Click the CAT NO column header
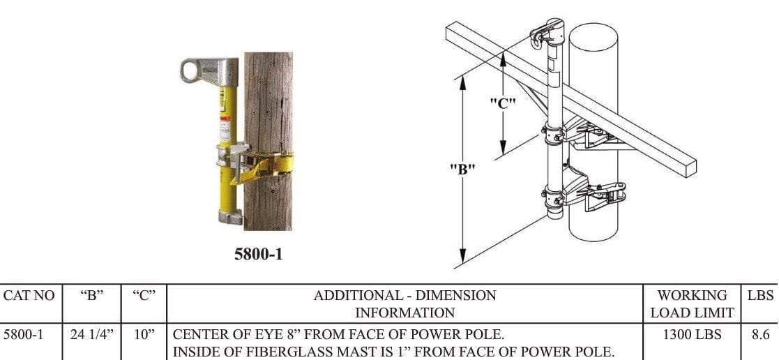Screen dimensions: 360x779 click(x=29, y=295)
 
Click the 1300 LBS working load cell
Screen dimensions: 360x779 click(x=687, y=335)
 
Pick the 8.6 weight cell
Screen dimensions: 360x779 click(x=759, y=335)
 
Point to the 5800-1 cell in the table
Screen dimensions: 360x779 click(x=23, y=335)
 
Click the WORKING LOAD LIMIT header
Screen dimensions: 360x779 click(x=692, y=304)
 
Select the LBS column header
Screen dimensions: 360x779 click(x=760, y=295)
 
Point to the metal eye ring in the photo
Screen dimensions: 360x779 click(x=190, y=69)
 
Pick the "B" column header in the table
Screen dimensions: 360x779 click(x=90, y=295)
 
